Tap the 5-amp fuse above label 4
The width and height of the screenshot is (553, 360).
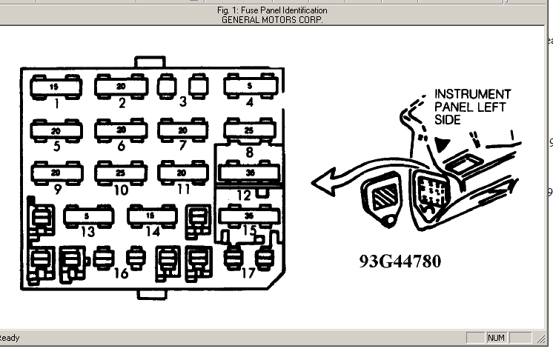click(x=249, y=87)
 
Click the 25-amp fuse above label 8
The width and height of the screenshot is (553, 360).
click(x=249, y=130)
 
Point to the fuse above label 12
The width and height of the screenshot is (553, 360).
click(x=249, y=173)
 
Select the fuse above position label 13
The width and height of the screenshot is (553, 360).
click(x=88, y=216)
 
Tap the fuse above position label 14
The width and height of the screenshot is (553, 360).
click(x=152, y=216)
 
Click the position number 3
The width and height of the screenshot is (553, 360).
click(x=182, y=102)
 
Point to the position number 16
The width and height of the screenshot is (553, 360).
click(x=121, y=273)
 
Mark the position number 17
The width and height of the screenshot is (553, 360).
click(x=249, y=273)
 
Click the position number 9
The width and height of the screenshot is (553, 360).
click(x=56, y=189)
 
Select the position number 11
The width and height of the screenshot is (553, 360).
click(x=184, y=189)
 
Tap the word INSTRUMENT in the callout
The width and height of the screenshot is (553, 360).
click(x=472, y=94)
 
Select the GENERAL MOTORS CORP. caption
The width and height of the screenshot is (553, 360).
click(x=272, y=19)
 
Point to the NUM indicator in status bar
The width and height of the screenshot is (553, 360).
click(x=496, y=338)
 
